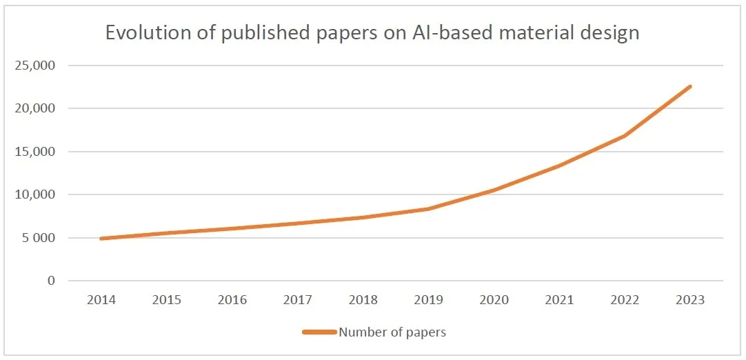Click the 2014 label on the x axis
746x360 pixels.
click(101, 300)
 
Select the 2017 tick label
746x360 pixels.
click(298, 300)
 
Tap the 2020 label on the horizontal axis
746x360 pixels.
click(494, 300)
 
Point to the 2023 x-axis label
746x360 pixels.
click(690, 300)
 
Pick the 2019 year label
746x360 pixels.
click(428, 300)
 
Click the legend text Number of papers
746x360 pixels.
click(392, 332)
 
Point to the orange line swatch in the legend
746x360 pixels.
click(319, 332)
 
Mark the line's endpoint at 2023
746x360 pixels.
click(690, 86)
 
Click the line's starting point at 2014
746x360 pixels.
click(101, 239)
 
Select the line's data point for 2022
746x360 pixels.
click(625, 136)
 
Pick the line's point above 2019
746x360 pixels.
click(428, 209)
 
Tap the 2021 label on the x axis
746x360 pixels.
click(559, 300)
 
